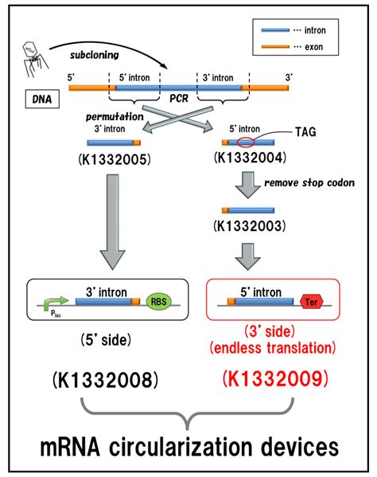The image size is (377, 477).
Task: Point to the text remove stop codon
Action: [298, 182]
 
